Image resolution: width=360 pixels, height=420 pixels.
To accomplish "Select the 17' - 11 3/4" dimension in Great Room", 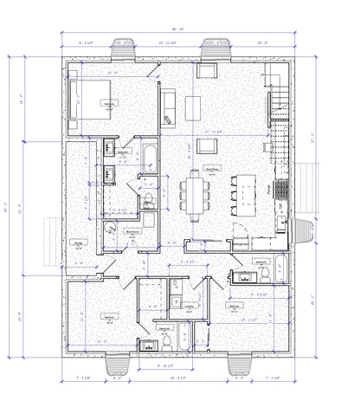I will point(213,131).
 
